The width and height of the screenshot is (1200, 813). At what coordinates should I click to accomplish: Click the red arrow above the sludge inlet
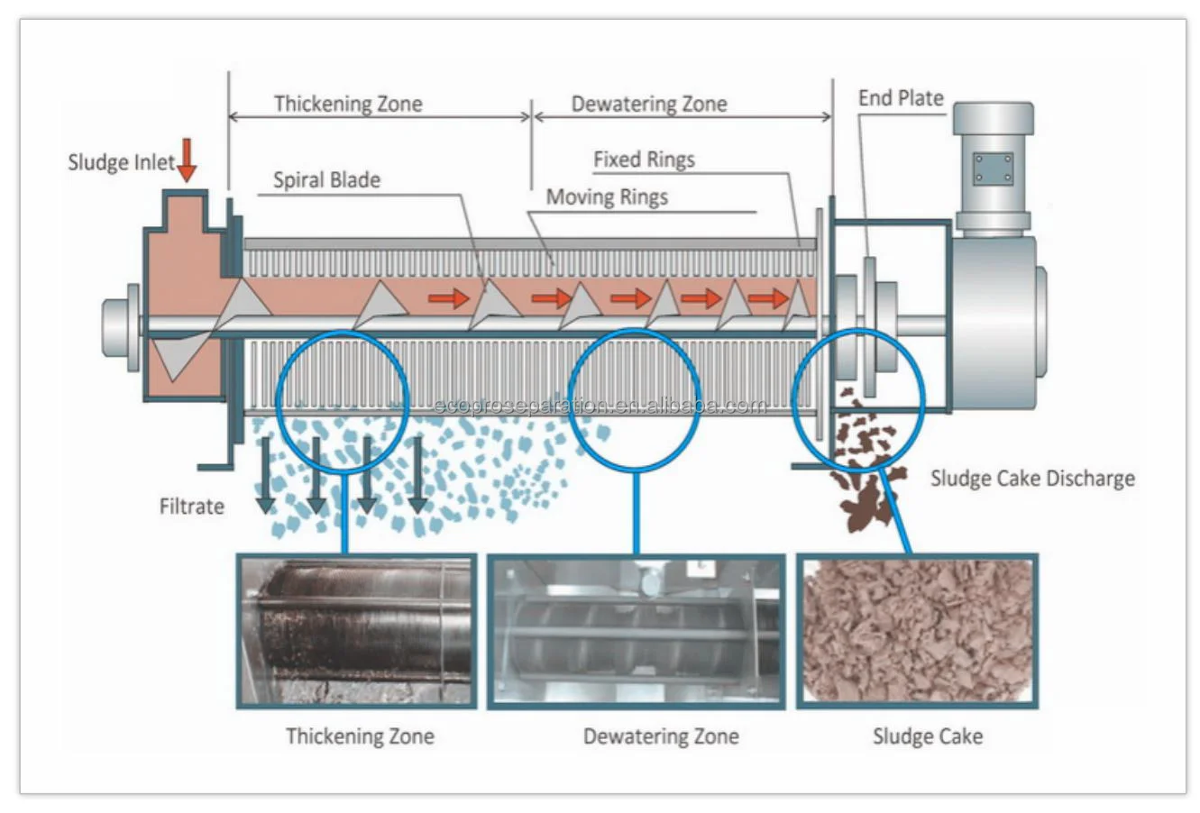pos(187,160)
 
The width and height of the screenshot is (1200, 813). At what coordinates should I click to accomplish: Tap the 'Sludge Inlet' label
pos(121,163)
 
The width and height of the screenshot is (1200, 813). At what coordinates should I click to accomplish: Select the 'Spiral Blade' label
pos(326,180)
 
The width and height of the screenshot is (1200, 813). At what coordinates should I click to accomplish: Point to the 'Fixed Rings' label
pos(644,160)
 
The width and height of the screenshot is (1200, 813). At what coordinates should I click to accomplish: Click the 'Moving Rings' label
pos(607,197)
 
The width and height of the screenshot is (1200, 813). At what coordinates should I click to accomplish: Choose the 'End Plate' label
pos(900,98)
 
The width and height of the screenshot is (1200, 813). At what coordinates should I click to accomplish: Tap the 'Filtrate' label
pos(191,507)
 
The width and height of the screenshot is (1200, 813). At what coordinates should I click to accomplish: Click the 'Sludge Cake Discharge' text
pos(1032,479)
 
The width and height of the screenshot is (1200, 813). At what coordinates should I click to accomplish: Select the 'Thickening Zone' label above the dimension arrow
pos(348,104)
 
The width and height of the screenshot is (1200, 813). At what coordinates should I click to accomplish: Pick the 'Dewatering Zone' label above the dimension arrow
pos(649,105)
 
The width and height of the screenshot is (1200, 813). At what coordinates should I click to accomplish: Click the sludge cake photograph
pos(917,630)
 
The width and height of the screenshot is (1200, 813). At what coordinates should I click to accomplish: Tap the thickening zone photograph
pos(357,630)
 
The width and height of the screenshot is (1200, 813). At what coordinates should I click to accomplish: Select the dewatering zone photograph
pos(636,631)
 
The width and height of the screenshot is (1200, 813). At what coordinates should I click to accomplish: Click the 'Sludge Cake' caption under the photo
pos(927,737)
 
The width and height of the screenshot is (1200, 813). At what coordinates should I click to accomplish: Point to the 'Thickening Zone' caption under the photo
pos(360,736)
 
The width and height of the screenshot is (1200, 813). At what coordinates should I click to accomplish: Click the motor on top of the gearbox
pos(993,167)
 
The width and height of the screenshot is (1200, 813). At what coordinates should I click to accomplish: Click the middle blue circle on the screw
pos(634,400)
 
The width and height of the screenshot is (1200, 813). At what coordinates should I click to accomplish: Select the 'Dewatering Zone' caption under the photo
pos(661,736)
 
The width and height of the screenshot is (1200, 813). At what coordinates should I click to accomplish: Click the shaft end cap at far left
pos(119,326)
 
